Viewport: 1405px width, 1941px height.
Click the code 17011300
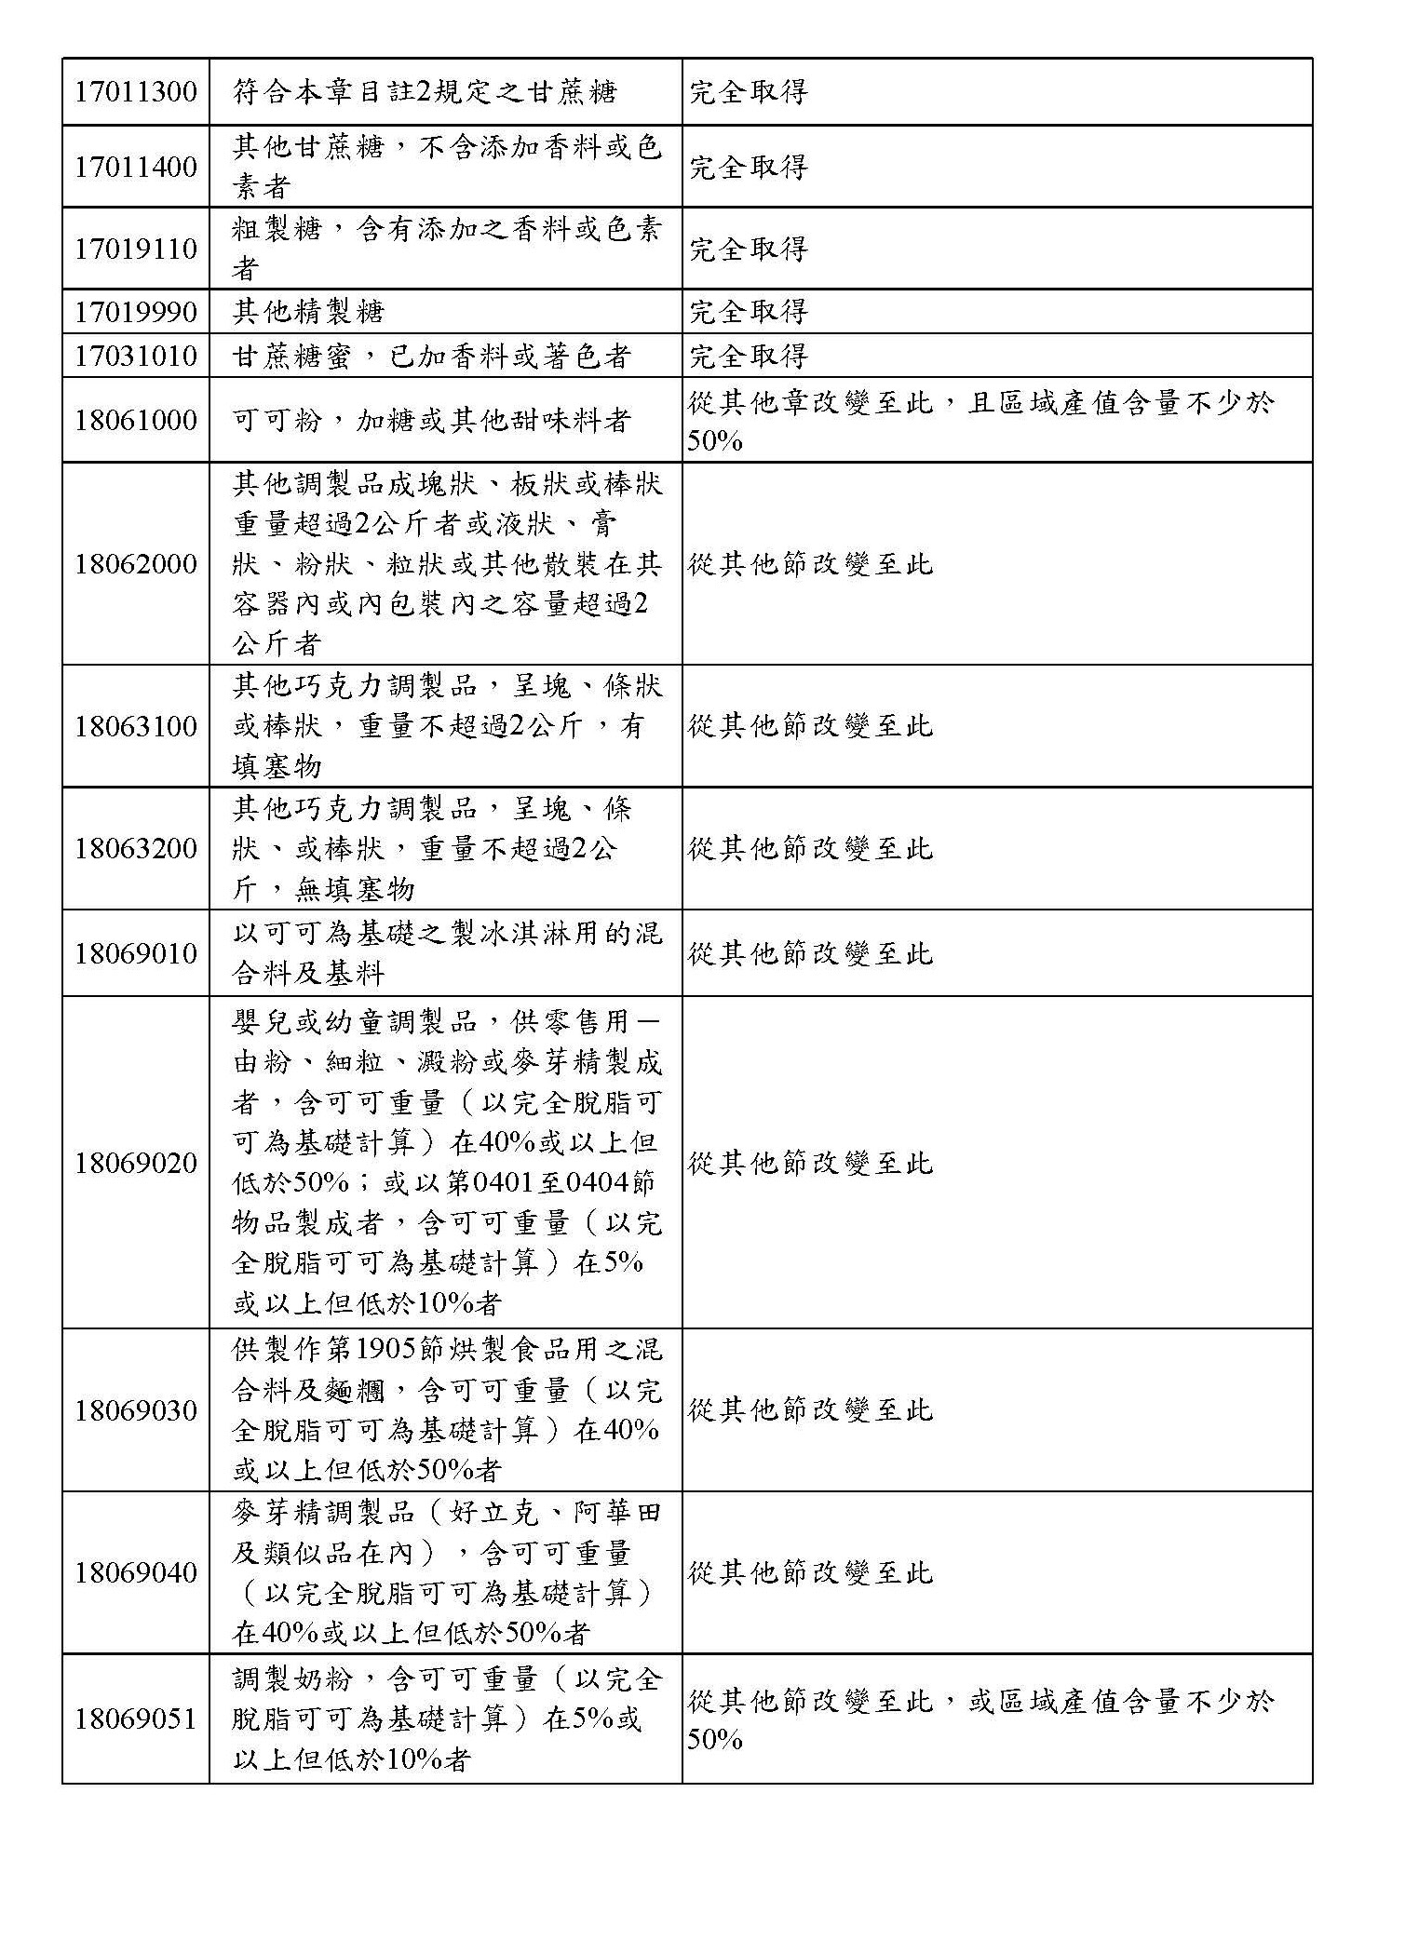[x=136, y=92]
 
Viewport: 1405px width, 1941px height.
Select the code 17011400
[x=136, y=168]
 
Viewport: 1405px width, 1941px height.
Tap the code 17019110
[x=136, y=249]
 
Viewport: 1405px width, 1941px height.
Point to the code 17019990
[x=136, y=312]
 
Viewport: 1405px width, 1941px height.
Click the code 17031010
[x=136, y=357]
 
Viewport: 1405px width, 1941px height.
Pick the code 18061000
[x=136, y=421]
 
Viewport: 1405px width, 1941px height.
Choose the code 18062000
[x=136, y=564]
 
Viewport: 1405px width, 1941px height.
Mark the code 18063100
[x=136, y=726]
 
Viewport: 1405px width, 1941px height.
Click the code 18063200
[x=136, y=849]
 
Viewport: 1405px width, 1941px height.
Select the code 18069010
[x=136, y=954]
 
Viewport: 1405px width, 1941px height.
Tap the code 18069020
[x=136, y=1164]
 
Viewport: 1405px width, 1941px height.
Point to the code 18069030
[x=136, y=1411]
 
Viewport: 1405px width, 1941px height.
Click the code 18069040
[x=136, y=1573]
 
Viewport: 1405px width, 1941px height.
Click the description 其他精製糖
[x=308, y=312]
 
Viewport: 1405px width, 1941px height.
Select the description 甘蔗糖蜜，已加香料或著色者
[x=432, y=357]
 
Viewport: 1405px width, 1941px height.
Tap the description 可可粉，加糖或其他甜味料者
[x=432, y=421]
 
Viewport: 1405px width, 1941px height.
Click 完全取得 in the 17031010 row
[x=748, y=357]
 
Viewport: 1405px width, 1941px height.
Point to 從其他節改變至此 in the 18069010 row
[x=810, y=954]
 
